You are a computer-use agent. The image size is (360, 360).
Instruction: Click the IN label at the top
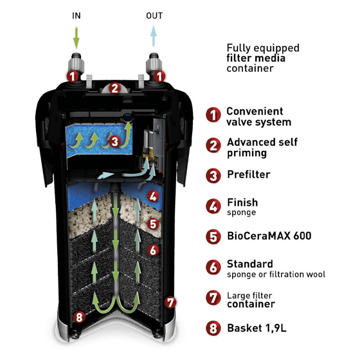click(x=76, y=16)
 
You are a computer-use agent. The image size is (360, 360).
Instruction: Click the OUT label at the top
click(x=154, y=16)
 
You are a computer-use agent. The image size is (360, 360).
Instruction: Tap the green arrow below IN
click(x=76, y=36)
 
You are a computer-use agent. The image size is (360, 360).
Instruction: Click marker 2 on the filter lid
click(x=115, y=88)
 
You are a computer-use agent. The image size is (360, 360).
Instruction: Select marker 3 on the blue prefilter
click(x=114, y=141)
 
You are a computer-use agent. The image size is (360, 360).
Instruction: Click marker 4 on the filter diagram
click(x=153, y=196)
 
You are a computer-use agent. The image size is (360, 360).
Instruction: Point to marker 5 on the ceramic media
click(x=153, y=223)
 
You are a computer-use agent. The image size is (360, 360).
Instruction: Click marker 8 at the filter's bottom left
click(x=79, y=317)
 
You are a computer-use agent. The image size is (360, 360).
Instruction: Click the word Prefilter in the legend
click(x=248, y=175)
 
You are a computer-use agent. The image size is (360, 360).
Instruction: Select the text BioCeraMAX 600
click(x=269, y=235)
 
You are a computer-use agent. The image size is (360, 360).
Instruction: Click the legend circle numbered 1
click(x=213, y=117)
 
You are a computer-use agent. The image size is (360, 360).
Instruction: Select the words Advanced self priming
click(x=262, y=147)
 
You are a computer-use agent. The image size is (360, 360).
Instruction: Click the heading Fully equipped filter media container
click(x=263, y=58)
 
